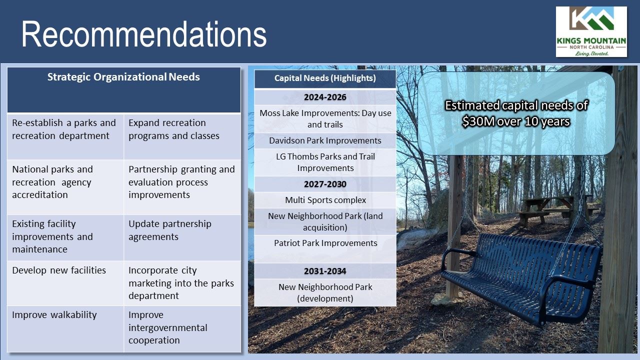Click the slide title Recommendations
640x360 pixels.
coord(144,34)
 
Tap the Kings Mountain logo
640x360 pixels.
coord(591,31)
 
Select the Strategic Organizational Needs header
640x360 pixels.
coord(123,77)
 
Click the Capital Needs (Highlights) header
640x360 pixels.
coord(325,78)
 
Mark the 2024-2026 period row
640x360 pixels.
coord(325,97)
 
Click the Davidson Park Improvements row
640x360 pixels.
coord(325,140)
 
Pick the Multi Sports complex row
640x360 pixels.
coord(325,200)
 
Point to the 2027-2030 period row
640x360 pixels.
coord(325,184)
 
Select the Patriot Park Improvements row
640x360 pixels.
coord(325,243)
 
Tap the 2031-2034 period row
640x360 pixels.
coord(325,271)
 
